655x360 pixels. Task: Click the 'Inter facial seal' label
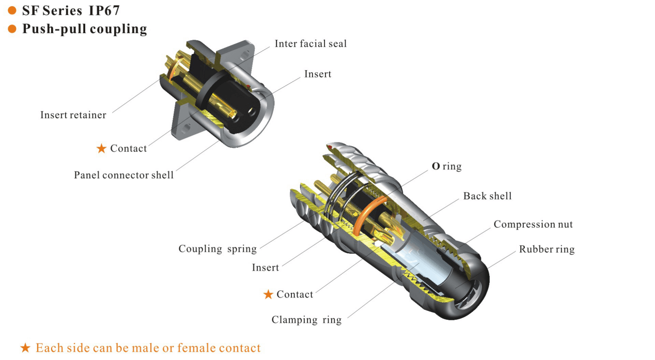pyautogui.click(x=310, y=44)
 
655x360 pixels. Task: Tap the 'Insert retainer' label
pyautogui.click(x=73, y=115)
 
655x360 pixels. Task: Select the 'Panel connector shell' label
pyautogui.click(x=124, y=175)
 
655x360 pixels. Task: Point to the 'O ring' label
pyautogui.click(x=447, y=167)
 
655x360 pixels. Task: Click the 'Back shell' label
pyautogui.click(x=487, y=196)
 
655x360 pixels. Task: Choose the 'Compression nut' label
pyautogui.click(x=533, y=224)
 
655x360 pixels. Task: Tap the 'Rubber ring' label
pyautogui.click(x=547, y=249)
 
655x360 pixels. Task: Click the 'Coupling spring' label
pyautogui.click(x=217, y=249)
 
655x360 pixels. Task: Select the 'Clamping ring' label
pyautogui.click(x=306, y=320)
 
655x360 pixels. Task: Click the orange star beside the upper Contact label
pyautogui.click(x=101, y=149)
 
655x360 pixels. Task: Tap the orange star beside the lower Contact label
pyautogui.click(x=268, y=294)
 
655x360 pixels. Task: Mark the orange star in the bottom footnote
pyautogui.click(x=25, y=348)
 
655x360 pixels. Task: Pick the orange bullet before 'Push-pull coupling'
pyautogui.click(x=12, y=29)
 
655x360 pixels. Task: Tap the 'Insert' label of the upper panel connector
pyautogui.click(x=318, y=74)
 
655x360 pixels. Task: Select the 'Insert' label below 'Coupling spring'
pyautogui.click(x=266, y=267)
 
